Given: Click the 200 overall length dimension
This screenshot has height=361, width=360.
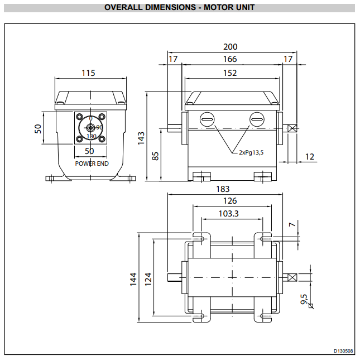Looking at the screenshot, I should pyautogui.click(x=230, y=47).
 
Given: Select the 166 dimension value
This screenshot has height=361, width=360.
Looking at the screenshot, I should pyautogui.click(x=229, y=59).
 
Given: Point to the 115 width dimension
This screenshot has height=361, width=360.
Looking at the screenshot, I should pyautogui.click(x=88, y=73).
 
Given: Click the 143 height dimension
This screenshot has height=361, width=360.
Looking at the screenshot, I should pyautogui.click(x=142, y=136).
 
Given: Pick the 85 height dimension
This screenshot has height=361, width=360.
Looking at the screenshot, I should pyautogui.click(x=156, y=156).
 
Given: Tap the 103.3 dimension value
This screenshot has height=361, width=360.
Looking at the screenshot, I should pyautogui.click(x=229, y=214).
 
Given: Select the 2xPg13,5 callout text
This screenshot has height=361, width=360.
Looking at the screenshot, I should pyautogui.click(x=252, y=152).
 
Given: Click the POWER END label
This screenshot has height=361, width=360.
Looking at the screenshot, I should pyautogui.click(x=92, y=163).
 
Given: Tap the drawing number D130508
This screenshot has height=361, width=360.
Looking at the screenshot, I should pyautogui.click(x=343, y=351).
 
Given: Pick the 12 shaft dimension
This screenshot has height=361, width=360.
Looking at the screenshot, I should pyautogui.click(x=310, y=157).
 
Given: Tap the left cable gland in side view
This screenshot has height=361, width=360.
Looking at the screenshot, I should pyautogui.click(x=207, y=119).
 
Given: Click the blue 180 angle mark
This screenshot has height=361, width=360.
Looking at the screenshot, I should pyautogui.click(x=92, y=136).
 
